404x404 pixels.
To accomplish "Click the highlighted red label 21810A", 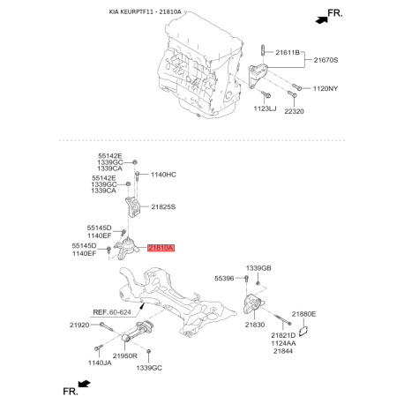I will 161,250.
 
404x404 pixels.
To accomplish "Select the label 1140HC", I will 164,175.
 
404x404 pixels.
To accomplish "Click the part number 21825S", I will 164,207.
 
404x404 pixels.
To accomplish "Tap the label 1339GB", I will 258,268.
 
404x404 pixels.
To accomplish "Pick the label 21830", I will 255,325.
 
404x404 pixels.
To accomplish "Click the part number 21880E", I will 304,314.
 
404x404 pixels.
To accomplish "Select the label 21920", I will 81,325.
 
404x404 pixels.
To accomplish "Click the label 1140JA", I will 101,363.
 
